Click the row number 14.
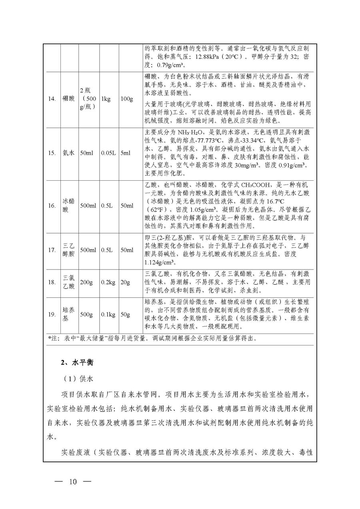pyautogui.click(x=52, y=99)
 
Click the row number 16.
pyautogui.click(x=52, y=206)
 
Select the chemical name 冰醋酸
pyautogui.click(x=68, y=206)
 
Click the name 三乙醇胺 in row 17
pyautogui.click(x=68, y=250)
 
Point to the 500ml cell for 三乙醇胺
pyautogui.click(x=88, y=250)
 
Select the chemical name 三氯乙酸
pyautogui.click(x=68, y=282)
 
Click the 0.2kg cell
pyautogui.click(x=108, y=282)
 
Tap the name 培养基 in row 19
pyautogui.click(x=68, y=314)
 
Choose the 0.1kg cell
pyautogui.click(x=108, y=314)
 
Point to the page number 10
pyautogui.click(x=72, y=481)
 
